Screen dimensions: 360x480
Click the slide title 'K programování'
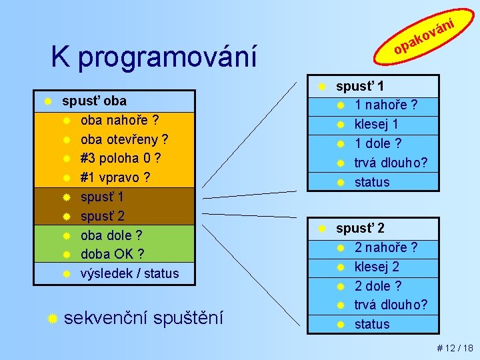pos(153,58)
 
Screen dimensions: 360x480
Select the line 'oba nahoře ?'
pos(119,121)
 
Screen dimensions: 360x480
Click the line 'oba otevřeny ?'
pos(124,140)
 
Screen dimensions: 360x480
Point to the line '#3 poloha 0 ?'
pos(120,159)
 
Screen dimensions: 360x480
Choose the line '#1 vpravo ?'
pos(115,178)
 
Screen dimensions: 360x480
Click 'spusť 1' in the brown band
pos(102,197)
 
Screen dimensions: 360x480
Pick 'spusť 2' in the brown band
pos(102,216)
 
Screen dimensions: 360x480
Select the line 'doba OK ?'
pos(113,254)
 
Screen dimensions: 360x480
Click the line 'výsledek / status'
pos(129,273)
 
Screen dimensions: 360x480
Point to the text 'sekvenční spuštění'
pos(143,317)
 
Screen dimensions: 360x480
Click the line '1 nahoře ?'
pos(386,105)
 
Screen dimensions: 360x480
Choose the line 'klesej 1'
pos(377,124)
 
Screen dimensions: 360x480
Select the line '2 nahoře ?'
pos(386,248)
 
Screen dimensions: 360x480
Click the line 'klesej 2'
pos(377,267)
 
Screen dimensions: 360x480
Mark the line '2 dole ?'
pos(378,286)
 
